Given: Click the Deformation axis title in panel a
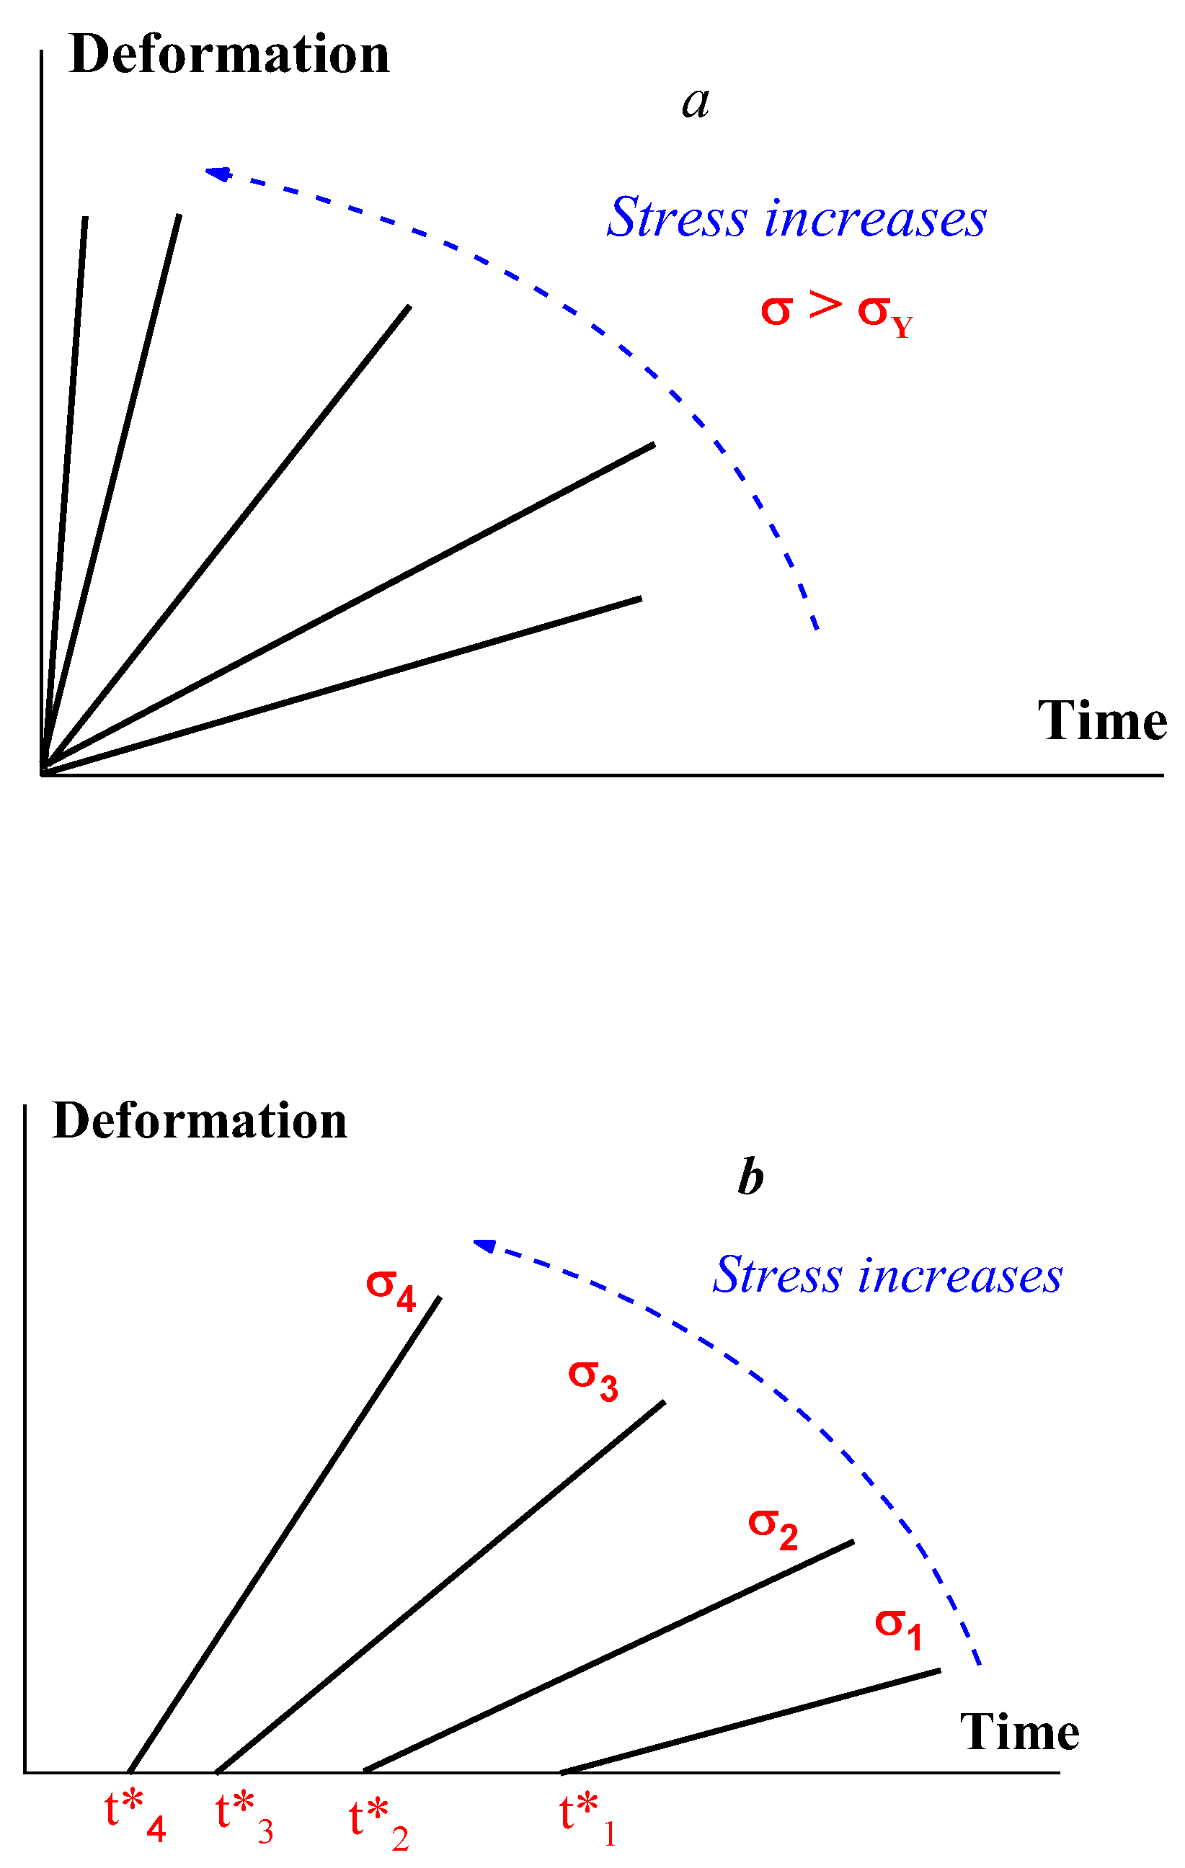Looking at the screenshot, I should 229,56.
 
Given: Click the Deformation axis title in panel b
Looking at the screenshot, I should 200,1122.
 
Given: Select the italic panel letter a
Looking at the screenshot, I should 696,102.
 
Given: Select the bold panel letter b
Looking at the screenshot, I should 750,1178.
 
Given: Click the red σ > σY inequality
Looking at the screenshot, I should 836,311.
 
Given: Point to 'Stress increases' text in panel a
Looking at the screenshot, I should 796,218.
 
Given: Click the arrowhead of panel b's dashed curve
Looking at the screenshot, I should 484,1245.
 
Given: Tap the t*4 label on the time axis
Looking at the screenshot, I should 135,1817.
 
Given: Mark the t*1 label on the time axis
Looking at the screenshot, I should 587,1819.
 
